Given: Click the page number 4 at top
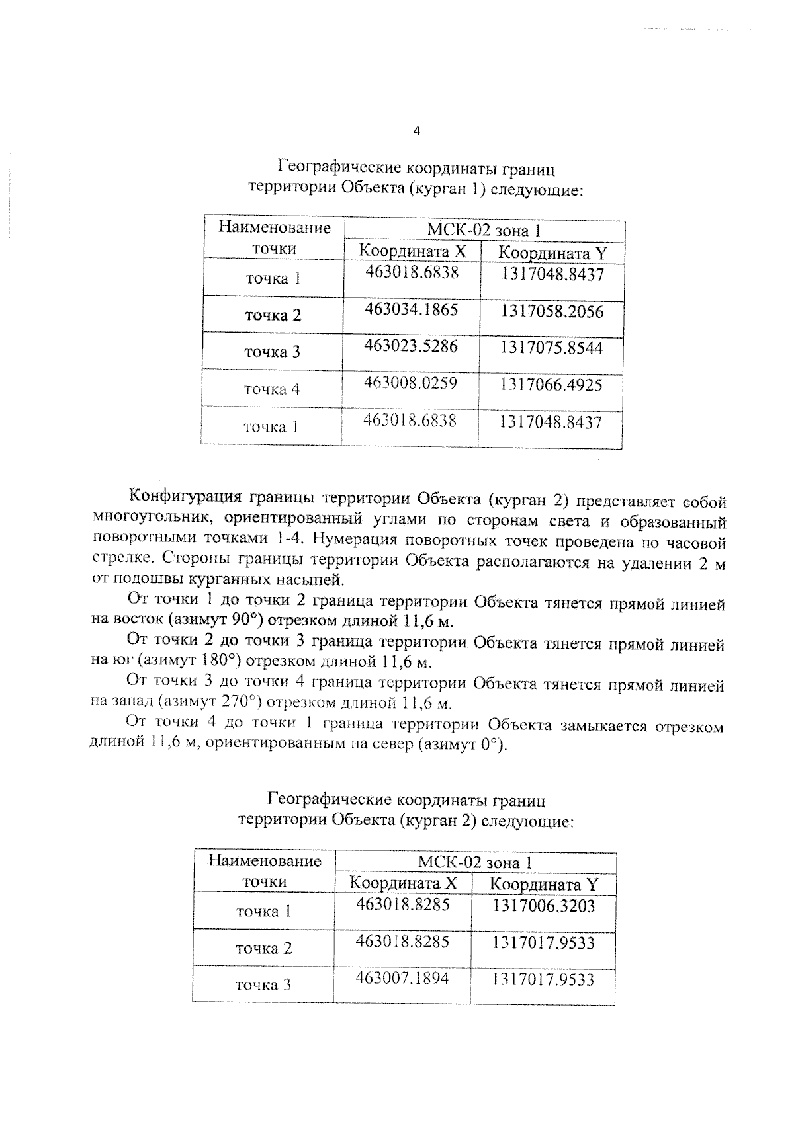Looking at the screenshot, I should click(416, 131).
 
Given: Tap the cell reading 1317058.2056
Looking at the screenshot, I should click(552, 311).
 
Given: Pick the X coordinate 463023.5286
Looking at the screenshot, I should click(411, 346).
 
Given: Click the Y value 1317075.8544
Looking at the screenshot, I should click(552, 348).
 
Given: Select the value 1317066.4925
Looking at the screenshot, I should click(551, 385).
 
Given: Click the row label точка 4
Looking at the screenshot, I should click(272, 389).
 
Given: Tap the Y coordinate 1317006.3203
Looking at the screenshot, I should click(543, 906).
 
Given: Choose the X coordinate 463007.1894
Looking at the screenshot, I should click(402, 977).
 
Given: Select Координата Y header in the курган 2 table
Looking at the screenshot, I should click(543, 885).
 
